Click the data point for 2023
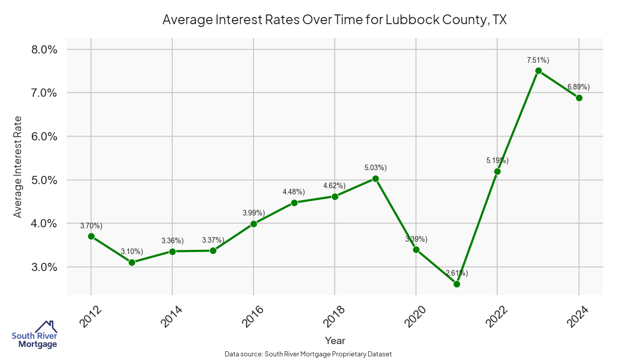click(538, 71)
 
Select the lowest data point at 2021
click(457, 284)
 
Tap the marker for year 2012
click(91, 237)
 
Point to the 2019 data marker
click(375, 179)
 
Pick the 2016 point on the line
click(253, 224)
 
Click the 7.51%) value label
click(538, 60)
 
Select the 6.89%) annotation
click(578, 87)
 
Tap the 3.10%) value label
click(132, 251)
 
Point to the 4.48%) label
click(294, 192)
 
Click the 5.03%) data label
click(375, 168)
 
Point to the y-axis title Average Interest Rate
click(18, 166)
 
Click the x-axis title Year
click(335, 340)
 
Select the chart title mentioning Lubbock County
click(335, 20)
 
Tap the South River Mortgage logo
click(34, 335)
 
